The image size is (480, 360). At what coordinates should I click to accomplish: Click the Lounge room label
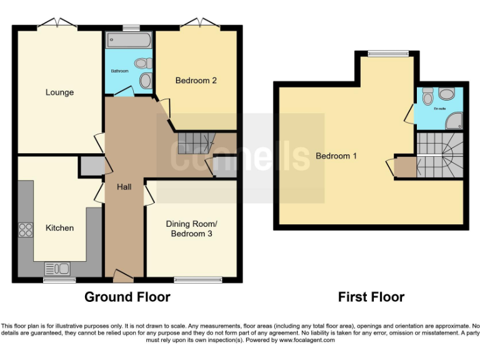tap(59, 92)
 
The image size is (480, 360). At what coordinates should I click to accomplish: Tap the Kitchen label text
tap(59, 228)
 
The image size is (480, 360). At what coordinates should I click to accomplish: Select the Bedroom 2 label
tap(196, 80)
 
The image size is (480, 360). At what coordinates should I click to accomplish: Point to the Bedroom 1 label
tap(336, 156)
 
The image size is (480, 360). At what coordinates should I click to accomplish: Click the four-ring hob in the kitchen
tap(26, 229)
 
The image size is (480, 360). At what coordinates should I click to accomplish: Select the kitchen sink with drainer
tap(57, 269)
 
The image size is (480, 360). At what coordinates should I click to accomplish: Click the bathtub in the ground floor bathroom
tap(129, 41)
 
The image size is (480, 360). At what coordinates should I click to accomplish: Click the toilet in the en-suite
tap(428, 97)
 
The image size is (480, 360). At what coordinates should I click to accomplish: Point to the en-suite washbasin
tap(446, 94)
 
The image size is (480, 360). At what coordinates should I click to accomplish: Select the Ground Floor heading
tap(127, 297)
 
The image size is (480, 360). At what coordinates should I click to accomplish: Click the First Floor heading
tap(371, 297)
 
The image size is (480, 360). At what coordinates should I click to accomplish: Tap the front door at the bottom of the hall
tap(123, 274)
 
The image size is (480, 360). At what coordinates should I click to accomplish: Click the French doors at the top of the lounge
tap(57, 24)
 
